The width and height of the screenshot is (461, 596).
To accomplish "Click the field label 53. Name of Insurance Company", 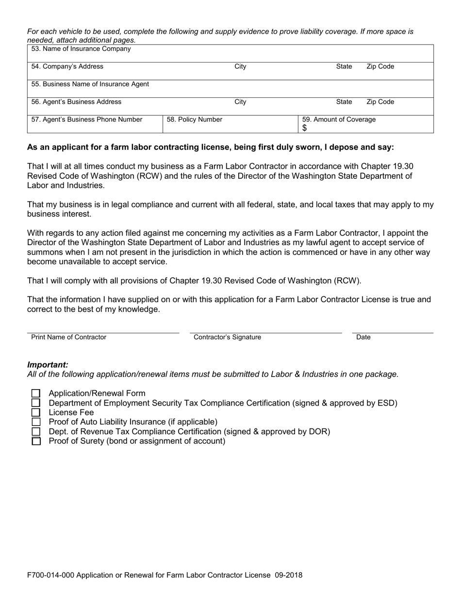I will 81,49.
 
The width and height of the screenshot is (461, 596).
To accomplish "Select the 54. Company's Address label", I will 67,67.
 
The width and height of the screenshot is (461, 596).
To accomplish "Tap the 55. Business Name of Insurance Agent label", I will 90,84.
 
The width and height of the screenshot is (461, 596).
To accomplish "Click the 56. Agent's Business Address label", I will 76,102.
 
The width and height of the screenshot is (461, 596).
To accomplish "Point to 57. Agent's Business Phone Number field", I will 87,120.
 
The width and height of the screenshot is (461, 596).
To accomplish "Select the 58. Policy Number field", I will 195,120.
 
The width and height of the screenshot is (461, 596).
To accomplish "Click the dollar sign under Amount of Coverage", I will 305,128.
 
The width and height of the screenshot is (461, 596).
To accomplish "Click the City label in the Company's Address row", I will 240,67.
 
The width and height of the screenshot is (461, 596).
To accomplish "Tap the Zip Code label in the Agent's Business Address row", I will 380,102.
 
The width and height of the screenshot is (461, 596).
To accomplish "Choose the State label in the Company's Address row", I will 344,67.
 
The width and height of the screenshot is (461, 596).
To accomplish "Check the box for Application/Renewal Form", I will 36,393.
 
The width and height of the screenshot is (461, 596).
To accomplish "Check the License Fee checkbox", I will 36,412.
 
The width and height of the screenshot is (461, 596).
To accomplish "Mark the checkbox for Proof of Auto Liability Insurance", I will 36,422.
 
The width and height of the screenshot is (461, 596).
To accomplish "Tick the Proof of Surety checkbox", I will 36,441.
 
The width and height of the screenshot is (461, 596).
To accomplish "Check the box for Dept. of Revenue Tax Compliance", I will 36,431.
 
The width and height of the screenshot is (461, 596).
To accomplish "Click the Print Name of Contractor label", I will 68,337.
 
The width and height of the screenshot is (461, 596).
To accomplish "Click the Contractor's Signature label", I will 227,337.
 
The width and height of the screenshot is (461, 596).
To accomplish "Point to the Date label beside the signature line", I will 363,337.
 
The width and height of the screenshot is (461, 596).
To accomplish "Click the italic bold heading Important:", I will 48,365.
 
